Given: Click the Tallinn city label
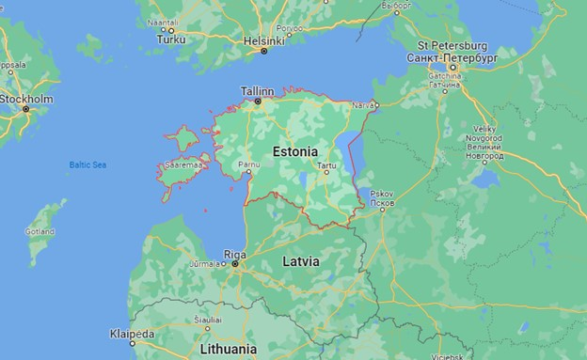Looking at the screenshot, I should [258, 91].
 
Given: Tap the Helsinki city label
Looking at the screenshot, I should [263, 40].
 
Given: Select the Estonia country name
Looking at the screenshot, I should [293, 150].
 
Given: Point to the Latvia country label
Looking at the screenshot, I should [302, 260].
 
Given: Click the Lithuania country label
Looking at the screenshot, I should [228, 349].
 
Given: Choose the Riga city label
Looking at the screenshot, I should [235, 254].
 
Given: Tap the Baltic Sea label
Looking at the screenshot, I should [87, 165].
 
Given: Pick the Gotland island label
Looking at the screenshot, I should [40, 231].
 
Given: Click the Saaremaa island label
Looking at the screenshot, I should [182, 165].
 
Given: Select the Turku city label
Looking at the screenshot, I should [171, 39].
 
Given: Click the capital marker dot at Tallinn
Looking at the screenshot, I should [258, 101].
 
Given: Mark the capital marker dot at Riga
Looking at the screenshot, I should [235, 264].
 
